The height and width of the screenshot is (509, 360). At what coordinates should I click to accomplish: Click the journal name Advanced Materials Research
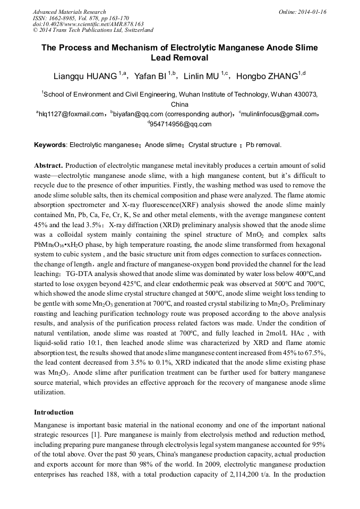point(69,12)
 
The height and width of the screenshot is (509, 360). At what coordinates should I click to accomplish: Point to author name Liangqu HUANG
point(85,76)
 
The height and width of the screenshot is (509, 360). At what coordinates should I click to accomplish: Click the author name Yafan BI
point(151,76)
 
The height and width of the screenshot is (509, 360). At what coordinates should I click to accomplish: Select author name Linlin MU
point(204,76)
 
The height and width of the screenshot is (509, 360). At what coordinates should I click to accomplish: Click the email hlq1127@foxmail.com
point(71,114)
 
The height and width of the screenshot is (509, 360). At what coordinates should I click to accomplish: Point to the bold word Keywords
point(50,145)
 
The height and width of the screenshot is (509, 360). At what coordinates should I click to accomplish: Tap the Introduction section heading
point(54,412)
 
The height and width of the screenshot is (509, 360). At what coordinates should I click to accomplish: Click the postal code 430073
point(305,94)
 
